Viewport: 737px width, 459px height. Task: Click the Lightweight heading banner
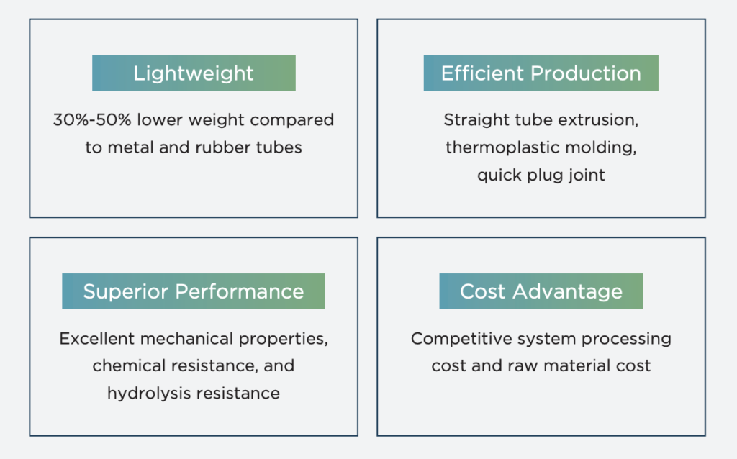pyautogui.click(x=194, y=73)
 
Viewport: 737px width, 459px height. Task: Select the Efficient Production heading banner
pyautogui.click(x=541, y=73)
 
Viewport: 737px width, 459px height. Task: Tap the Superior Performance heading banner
pyautogui.click(x=194, y=291)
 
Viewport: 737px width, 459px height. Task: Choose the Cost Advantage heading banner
pyautogui.click(x=541, y=291)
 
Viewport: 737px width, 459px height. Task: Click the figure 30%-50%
pyautogui.click(x=92, y=120)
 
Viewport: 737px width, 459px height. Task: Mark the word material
pyautogui.click(x=578, y=366)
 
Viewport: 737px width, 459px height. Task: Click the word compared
pyautogui.click(x=292, y=121)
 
